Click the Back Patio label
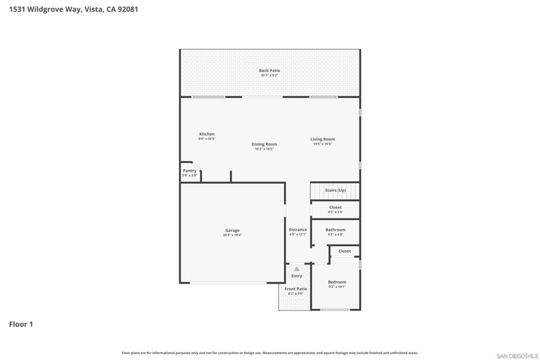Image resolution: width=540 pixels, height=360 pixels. (x=269, y=71)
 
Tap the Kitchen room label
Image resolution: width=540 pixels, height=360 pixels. (x=207, y=134)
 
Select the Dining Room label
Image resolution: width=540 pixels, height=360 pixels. (x=264, y=144)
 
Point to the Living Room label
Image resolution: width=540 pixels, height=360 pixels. (x=322, y=139)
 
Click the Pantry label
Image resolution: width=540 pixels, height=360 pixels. (x=189, y=171)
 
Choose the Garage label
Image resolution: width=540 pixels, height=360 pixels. (x=233, y=230)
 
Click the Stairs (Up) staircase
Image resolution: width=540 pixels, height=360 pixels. (x=335, y=191)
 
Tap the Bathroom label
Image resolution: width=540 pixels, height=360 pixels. (x=335, y=230)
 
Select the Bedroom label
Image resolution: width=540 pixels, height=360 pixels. (x=337, y=282)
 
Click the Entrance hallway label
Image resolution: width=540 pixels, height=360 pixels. (x=298, y=230)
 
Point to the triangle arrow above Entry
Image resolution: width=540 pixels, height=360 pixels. (x=296, y=269)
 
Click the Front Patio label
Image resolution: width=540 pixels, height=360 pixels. (x=296, y=289)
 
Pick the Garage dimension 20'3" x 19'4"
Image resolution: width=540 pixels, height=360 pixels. (x=233, y=235)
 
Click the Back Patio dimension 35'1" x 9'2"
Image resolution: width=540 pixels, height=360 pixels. (x=269, y=75)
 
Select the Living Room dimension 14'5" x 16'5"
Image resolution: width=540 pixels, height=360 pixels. (x=322, y=144)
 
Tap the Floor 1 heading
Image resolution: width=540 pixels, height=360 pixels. (x=21, y=324)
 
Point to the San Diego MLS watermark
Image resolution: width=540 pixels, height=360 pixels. (x=517, y=356)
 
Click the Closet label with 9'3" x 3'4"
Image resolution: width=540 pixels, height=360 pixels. (x=335, y=207)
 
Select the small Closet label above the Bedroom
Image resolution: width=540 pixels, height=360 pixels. (x=344, y=251)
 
